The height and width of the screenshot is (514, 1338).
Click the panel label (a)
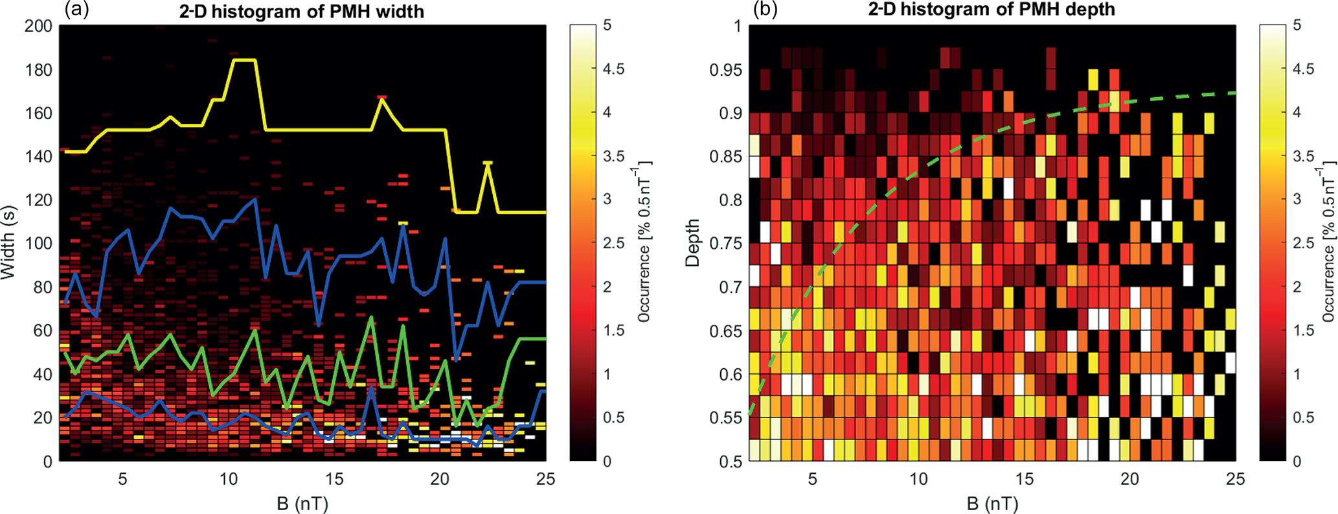click(75, 10)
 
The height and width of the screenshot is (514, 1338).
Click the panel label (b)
click(764, 10)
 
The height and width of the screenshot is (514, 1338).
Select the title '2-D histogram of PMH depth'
click(992, 10)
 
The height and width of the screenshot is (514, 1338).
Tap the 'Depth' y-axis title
click(693, 243)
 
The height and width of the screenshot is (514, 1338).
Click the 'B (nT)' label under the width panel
click(302, 503)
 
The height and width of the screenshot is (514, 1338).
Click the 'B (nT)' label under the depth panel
click(992, 503)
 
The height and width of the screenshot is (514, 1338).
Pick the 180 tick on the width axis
click(39, 69)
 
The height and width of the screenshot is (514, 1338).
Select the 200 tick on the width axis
click(39, 26)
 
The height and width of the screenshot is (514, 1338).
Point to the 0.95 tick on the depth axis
click(726, 69)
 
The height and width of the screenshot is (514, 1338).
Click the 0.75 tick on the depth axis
click(726, 244)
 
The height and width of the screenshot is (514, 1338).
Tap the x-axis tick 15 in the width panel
click(334, 479)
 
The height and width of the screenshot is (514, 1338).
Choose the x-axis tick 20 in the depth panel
click(1129, 479)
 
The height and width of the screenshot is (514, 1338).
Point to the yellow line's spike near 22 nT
click(488, 162)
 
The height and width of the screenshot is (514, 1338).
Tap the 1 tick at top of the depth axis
click(736, 26)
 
